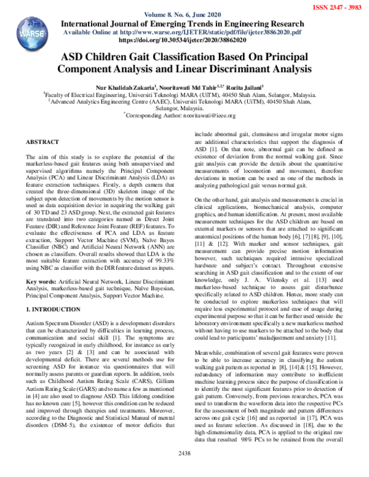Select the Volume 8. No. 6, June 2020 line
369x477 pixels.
pyautogui.click(x=184, y=14)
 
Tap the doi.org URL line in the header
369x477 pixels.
pyautogui.click(x=184, y=39)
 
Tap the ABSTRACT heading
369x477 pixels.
pyautogui.click(x=42, y=142)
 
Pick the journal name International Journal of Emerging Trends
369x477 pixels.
pyautogui.click(x=184, y=23)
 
